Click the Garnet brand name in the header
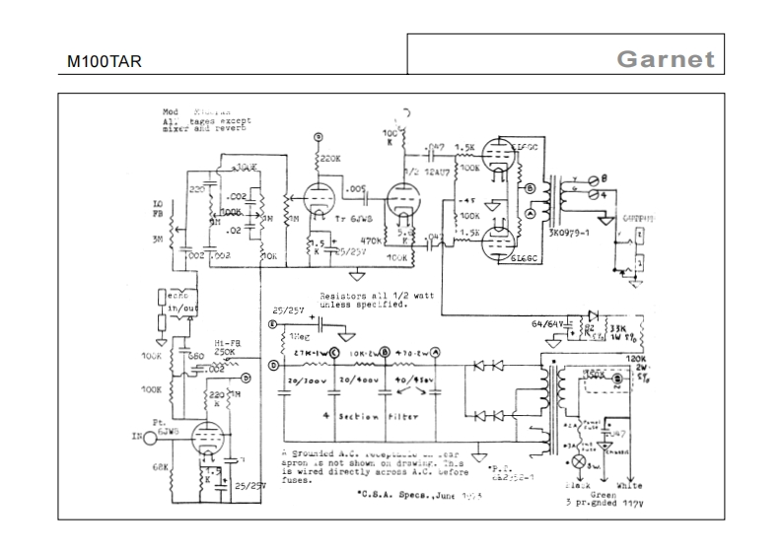[x=665, y=58]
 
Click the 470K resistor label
[x=373, y=240]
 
